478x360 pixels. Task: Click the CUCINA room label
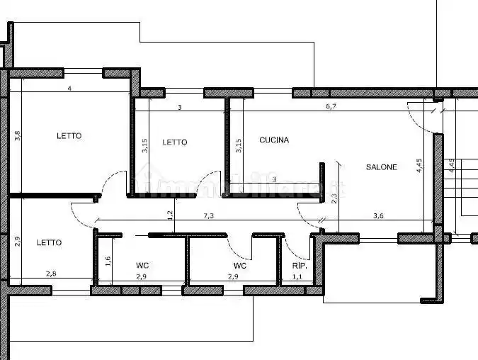point(273,140)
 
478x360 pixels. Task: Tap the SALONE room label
point(381,167)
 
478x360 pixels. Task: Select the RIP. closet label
point(299,266)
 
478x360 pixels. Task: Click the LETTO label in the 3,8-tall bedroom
point(69,135)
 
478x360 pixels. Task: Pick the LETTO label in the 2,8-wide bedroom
point(49,242)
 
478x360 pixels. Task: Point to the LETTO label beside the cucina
point(174,142)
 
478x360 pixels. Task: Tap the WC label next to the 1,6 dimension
point(142,266)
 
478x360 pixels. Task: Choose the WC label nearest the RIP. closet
point(240,266)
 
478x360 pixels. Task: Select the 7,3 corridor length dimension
point(209,215)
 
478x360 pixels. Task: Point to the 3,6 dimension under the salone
point(378,215)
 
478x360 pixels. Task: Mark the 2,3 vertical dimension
point(334,200)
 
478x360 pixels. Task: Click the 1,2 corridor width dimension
point(169,215)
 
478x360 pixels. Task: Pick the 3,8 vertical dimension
point(18,135)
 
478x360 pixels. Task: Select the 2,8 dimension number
point(52,274)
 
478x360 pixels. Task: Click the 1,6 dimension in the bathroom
point(108,260)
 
